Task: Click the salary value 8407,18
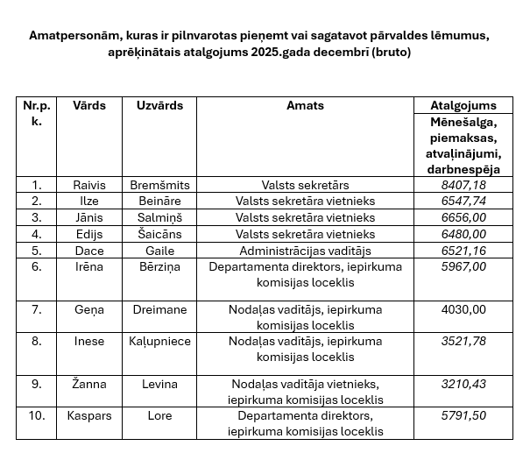pyautogui.click(x=464, y=185)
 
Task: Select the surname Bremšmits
pyautogui.click(x=159, y=185)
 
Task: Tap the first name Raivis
pyautogui.click(x=89, y=185)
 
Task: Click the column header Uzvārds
pyautogui.click(x=159, y=105)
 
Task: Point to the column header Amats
pyautogui.click(x=305, y=105)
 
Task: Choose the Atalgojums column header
pyautogui.click(x=463, y=105)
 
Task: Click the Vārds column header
pyautogui.click(x=89, y=105)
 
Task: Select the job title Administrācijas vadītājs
pyautogui.click(x=305, y=250)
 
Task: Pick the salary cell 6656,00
pyautogui.click(x=464, y=217)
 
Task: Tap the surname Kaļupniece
pyautogui.click(x=159, y=341)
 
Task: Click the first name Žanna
pyautogui.click(x=89, y=384)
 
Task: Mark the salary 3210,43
pyautogui.click(x=464, y=384)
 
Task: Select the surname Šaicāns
pyautogui.click(x=159, y=234)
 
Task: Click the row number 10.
pyautogui.click(x=37, y=415)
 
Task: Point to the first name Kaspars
pyautogui.click(x=89, y=415)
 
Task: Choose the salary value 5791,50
pyautogui.click(x=464, y=415)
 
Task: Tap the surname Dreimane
pyautogui.click(x=159, y=308)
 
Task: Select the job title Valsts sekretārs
pyautogui.click(x=305, y=185)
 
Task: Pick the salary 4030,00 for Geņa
pyautogui.click(x=464, y=308)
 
